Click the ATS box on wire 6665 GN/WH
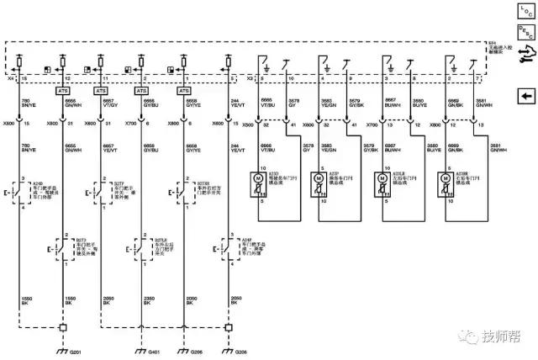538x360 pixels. (x=63, y=90)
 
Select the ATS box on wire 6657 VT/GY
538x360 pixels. (x=101, y=90)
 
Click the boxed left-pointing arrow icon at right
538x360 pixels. (x=524, y=95)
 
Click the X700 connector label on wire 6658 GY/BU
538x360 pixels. (x=130, y=124)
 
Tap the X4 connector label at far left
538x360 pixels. (x=10, y=77)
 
